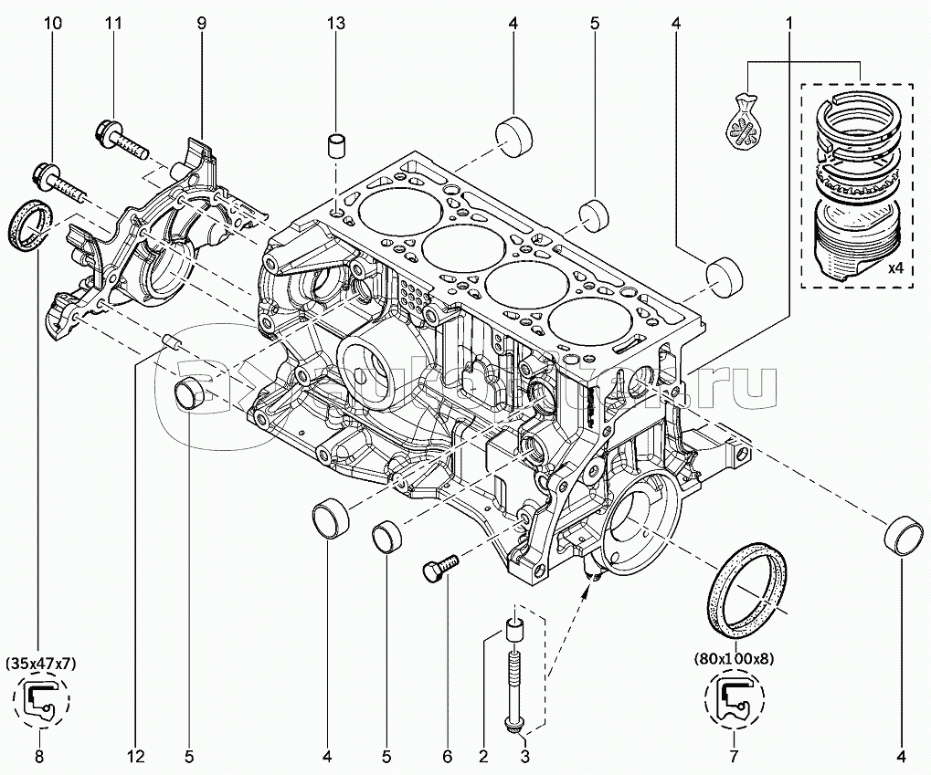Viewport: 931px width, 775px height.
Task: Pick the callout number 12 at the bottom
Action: [x=136, y=756]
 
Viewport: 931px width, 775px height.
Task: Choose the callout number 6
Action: [x=447, y=756]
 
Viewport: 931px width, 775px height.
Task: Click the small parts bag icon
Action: [x=746, y=120]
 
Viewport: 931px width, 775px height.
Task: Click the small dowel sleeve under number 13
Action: [x=337, y=146]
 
